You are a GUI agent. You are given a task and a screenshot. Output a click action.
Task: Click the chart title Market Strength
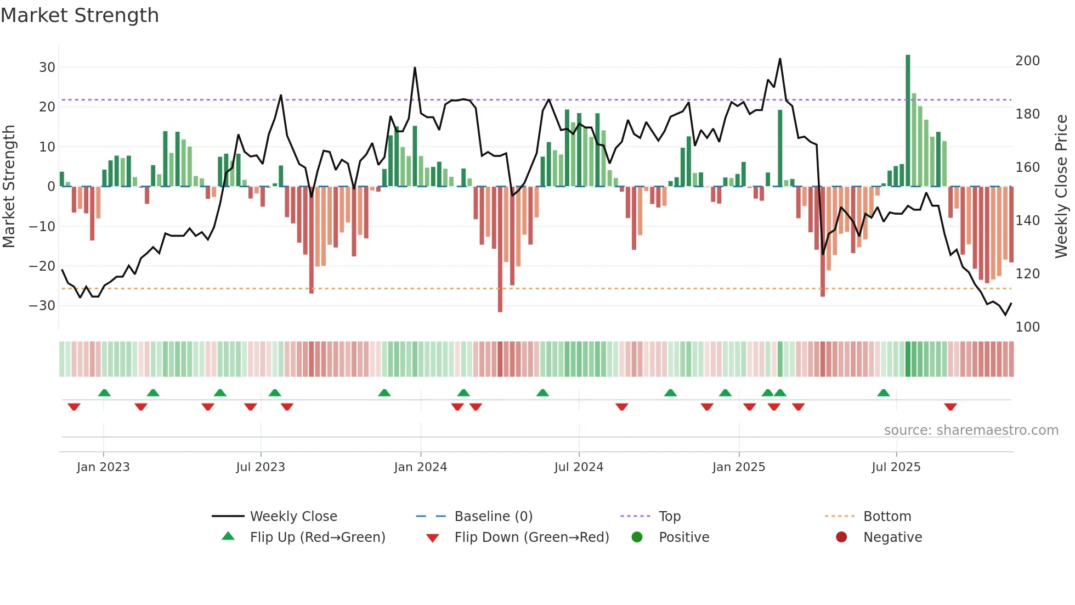click(80, 15)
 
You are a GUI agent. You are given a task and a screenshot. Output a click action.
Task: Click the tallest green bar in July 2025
click(908, 121)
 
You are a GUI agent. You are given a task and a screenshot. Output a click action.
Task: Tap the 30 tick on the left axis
click(47, 68)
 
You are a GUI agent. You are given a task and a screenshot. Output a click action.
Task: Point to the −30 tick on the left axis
click(43, 306)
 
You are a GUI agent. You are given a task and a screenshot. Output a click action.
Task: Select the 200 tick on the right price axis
click(1027, 61)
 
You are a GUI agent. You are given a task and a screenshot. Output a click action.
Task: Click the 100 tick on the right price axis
click(1027, 327)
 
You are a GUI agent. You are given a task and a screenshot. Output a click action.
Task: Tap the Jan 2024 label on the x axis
click(421, 467)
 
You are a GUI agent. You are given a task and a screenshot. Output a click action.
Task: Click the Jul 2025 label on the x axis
click(896, 467)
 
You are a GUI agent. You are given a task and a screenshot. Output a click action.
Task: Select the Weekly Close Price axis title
click(1061, 187)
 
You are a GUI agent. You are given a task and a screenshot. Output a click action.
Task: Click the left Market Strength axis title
click(9, 187)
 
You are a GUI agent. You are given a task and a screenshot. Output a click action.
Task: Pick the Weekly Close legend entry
click(293, 517)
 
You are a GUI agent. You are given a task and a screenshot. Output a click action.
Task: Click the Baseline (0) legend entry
click(493, 517)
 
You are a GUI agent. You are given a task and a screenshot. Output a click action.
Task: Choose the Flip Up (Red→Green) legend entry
click(318, 537)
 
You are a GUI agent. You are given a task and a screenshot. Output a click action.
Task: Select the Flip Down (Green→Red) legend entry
click(531, 537)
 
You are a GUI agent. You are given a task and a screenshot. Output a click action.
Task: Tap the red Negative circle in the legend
click(841, 537)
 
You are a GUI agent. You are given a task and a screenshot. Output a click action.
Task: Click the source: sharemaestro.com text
click(971, 430)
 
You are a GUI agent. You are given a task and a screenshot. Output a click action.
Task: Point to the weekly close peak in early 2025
click(780, 59)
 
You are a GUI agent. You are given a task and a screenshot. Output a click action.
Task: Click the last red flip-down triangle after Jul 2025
click(950, 407)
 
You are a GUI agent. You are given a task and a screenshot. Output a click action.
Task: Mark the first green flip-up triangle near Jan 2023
click(104, 393)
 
